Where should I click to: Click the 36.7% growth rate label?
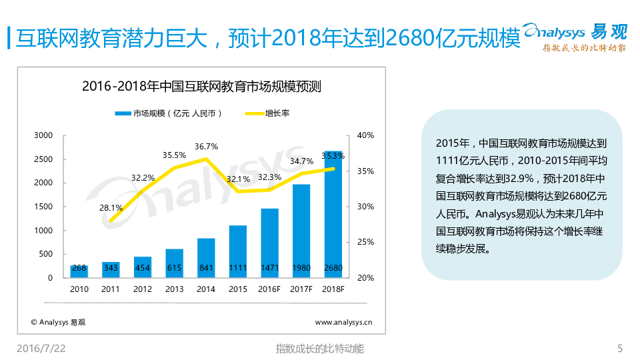(206, 147)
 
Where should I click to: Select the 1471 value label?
(269, 269)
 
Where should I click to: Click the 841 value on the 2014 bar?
(206, 269)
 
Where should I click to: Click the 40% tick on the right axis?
(365, 135)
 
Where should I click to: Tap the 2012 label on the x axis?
(143, 289)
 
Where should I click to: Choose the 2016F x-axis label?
(269, 289)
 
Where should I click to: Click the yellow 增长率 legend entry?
(267, 113)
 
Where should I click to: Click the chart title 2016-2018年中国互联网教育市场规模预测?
(201, 86)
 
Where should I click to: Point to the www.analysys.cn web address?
(343, 322)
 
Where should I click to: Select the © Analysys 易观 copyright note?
(58, 322)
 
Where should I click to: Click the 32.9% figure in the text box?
(517, 179)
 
